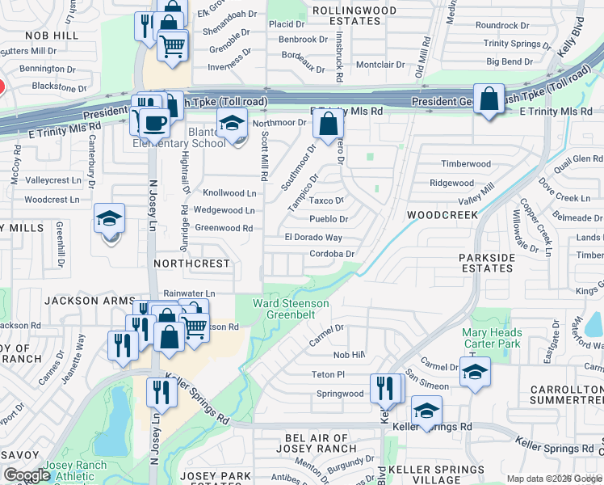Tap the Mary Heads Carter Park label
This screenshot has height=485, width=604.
click(492, 338)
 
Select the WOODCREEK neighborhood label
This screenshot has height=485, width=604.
click(443, 215)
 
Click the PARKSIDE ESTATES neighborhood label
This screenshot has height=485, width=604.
click(487, 264)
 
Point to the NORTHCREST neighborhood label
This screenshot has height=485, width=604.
click(192, 264)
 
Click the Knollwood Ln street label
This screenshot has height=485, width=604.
click(229, 193)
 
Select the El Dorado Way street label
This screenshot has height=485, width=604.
click(313, 238)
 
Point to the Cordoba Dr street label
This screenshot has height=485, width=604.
click(333, 254)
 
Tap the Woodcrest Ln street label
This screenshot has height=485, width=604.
click(52, 199)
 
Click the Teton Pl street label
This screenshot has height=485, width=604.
click(329, 374)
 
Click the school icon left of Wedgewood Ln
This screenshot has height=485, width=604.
click(109, 218)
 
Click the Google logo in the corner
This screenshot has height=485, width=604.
click(27, 475)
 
